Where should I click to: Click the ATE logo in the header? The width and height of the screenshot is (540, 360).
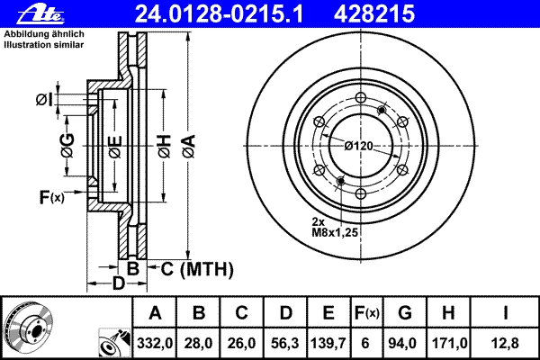pyautogui.click(x=41, y=14)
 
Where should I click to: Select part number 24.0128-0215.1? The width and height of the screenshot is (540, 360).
pyautogui.click(x=219, y=14)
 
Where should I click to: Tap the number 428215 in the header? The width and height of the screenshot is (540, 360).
pyautogui.click(x=374, y=14)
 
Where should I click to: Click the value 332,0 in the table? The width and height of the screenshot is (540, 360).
pyautogui.click(x=155, y=344)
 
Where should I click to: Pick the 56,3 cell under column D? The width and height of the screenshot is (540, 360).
pyautogui.click(x=284, y=344)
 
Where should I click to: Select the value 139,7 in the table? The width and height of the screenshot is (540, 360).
pyautogui.click(x=328, y=344)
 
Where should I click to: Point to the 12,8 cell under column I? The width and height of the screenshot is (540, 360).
pyautogui.click(x=505, y=344)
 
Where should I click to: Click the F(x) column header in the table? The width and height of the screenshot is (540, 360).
pyautogui.click(x=367, y=313)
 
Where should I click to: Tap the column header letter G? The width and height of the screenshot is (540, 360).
pyautogui.click(x=405, y=313)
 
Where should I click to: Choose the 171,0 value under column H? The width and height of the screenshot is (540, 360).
pyautogui.click(x=448, y=344)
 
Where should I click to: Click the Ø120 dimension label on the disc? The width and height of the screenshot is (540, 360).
pyautogui.click(x=359, y=146)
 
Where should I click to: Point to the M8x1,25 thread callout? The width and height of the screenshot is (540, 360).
pyautogui.click(x=335, y=232)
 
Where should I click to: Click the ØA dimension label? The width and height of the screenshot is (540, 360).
pyautogui.click(x=189, y=146)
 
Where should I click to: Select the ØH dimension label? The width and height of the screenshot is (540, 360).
pyautogui.click(x=165, y=146)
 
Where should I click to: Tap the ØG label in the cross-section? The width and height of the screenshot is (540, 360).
pyautogui.click(x=67, y=146)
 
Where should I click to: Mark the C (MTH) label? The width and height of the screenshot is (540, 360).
pyautogui.click(x=197, y=269)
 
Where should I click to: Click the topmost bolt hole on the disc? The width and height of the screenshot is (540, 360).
pyautogui.click(x=361, y=97)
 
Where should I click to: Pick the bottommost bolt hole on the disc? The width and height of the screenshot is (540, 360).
pyautogui.click(x=361, y=194)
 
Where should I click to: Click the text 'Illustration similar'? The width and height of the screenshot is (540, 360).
pyautogui.click(x=44, y=45)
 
